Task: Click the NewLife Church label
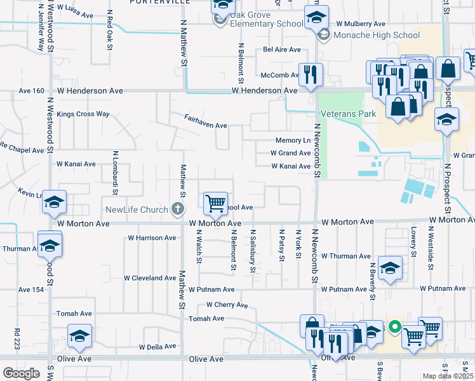point(136,210)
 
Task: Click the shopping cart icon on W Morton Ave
point(216,203)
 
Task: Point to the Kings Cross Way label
point(83,114)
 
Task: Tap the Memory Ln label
point(293,140)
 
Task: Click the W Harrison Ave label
point(152,237)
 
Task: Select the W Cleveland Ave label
point(150,278)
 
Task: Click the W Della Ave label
point(157,347)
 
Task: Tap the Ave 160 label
point(31,91)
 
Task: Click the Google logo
point(21,373)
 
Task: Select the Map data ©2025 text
point(448,376)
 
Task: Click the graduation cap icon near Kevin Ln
point(55,203)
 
